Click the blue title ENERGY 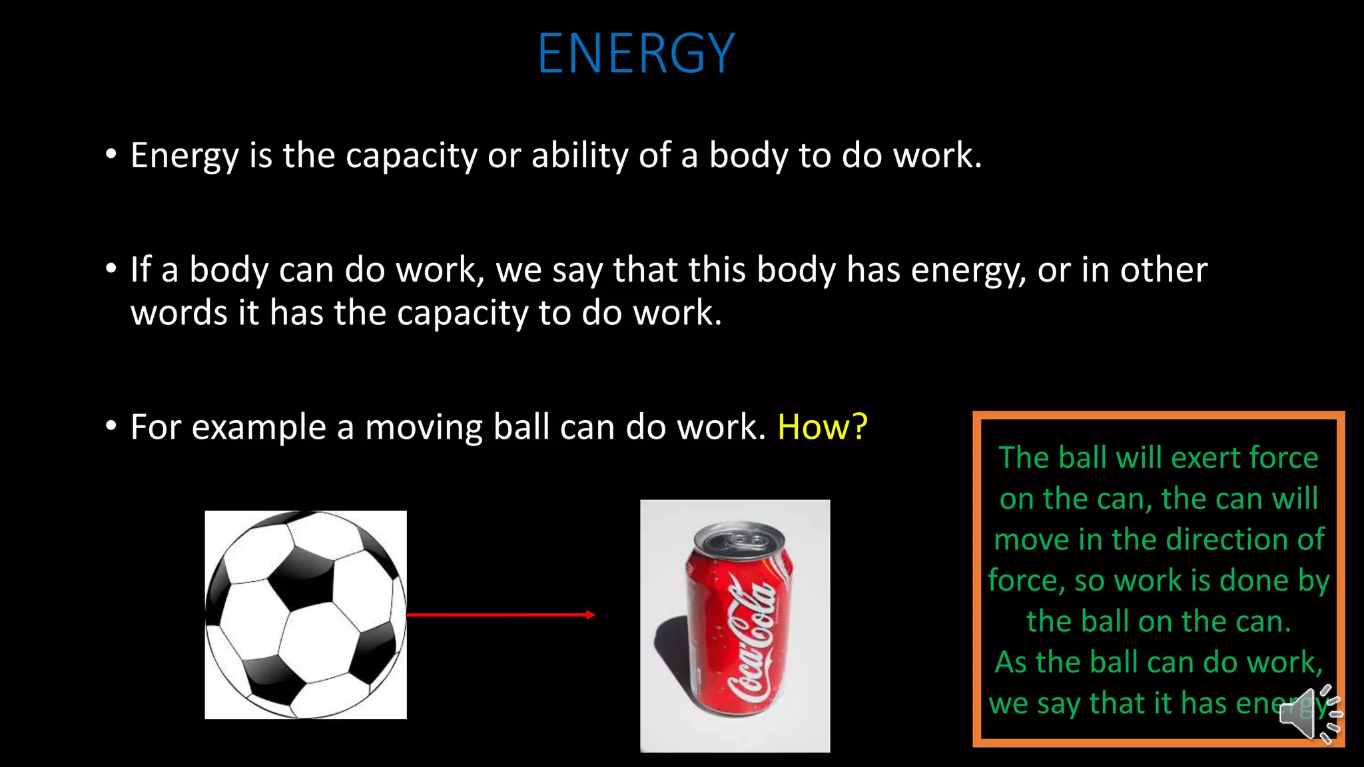click(636, 53)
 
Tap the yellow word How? click(823, 427)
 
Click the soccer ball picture click(306, 615)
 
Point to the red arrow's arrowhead click(590, 615)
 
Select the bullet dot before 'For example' click(111, 425)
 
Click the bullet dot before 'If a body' click(111, 268)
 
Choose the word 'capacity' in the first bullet click(411, 156)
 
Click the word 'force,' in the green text click(1026, 581)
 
